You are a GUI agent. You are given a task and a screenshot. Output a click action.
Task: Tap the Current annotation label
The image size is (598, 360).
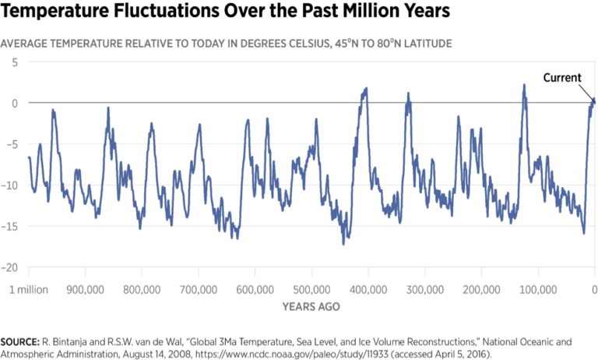pos(562,77)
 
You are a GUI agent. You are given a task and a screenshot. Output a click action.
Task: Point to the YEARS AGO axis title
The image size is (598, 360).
pos(311,306)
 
